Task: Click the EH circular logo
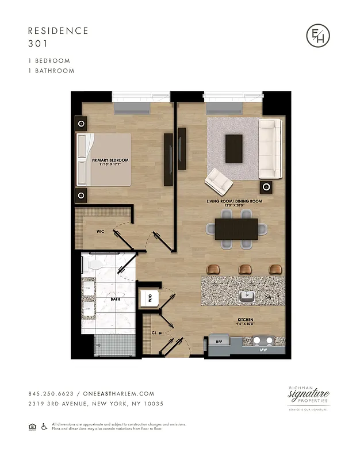click(x=318, y=36)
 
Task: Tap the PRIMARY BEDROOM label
click(x=110, y=160)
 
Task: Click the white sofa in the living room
click(x=269, y=148)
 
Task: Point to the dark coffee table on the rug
click(x=234, y=148)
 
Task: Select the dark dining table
click(x=236, y=228)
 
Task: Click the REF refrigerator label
click(x=219, y=342)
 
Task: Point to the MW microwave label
click(x=263, y=349)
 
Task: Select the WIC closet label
click(x=99, y=232)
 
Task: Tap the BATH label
click(x=115, y=299)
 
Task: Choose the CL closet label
click(x=154, y=332)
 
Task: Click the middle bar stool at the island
click(x=246, y=269)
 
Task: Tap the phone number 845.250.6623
click(x=51, y=394)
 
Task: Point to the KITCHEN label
click(x=244, y=319)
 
